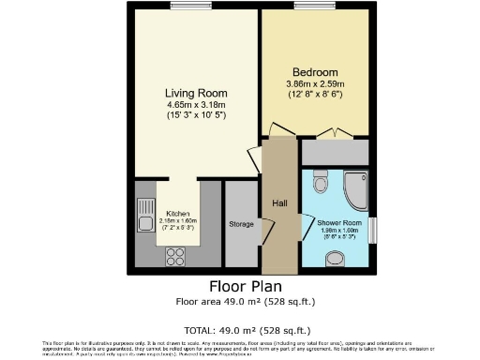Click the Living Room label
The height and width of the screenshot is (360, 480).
[x=196, y=93]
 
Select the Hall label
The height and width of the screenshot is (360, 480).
[x=278, y=202]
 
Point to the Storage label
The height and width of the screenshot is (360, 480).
[x=241, y=224]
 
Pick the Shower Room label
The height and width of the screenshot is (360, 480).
[x=336, y=221]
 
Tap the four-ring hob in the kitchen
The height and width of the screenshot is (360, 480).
[x=175, y=253]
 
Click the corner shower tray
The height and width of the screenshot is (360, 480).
[x=355, y=187]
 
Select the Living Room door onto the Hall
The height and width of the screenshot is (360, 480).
[x=254, y=158]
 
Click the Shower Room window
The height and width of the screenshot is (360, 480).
[x=374, y=228]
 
